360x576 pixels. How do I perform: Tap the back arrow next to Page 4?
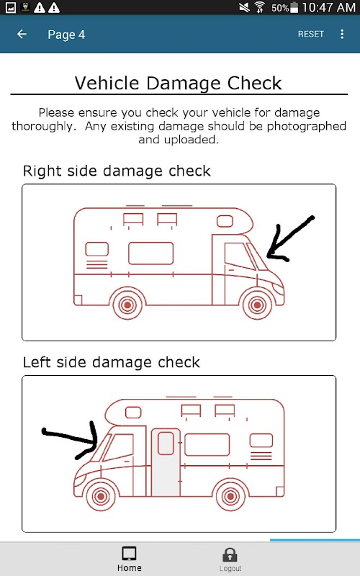tap(22, 34)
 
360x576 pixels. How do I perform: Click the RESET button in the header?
tap(311, 34)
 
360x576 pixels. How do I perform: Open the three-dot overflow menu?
tap(342, 34)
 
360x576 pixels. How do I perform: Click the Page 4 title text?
tap(66, 35)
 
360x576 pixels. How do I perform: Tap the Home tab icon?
tap(130, 554)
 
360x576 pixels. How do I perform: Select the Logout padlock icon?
tap(230, 554)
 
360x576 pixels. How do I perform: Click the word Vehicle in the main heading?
tap(107, 83)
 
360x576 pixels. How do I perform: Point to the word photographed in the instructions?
tap(307, 126)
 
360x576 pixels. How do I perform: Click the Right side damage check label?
tap(117, 171)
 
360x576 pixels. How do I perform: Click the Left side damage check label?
tap(112, 362)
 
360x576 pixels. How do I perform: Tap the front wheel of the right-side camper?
tap(258, 305)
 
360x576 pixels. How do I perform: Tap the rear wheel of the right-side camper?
tap(127, 305)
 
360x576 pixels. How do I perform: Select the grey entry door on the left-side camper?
tap(166, 462)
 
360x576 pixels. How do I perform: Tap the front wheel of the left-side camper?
tap(100, 496)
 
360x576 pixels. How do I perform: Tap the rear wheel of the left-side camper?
tap(230, 496)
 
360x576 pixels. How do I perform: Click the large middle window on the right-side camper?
tap(150, 253)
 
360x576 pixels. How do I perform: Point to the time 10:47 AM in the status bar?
tap(328, 7)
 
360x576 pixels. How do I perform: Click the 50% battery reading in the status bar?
tap(280, 8)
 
